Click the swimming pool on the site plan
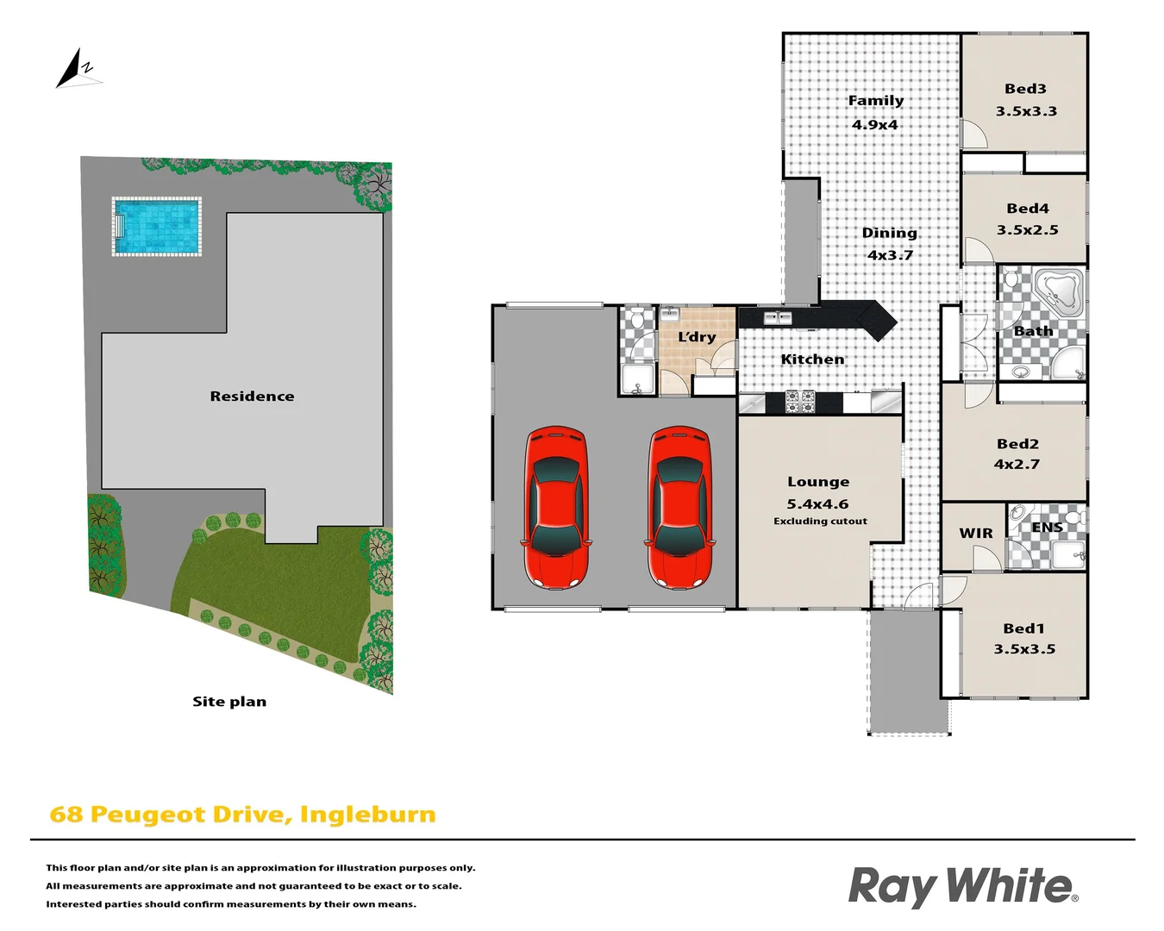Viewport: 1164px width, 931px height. pos(157,226)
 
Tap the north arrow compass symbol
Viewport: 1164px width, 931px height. pos(76,70)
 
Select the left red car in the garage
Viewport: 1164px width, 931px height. pos(556,507)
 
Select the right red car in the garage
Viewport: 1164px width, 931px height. pos(680,507)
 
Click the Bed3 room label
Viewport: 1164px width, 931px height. pos(1025,89)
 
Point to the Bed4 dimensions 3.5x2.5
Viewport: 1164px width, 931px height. pos(1027,230)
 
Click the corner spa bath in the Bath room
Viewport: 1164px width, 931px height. pos(1058,291)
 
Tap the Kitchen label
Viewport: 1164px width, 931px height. pos(812,359)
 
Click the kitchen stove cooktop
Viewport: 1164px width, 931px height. pos(800,401)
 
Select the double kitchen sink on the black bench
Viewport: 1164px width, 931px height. pos(778,318)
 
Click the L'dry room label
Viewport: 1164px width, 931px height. pos(697,337)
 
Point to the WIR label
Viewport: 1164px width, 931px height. pos(976,534)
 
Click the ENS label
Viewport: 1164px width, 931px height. pos(1047,528)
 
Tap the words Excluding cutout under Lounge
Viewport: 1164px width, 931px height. pos(820,522)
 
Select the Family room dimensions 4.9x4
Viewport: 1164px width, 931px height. pos(875,124)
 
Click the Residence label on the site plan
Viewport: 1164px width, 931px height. pos(252,397)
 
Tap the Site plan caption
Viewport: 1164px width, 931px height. pos(229,702)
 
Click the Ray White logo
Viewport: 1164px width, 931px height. pos(962,886)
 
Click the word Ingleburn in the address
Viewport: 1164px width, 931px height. pos(368,815)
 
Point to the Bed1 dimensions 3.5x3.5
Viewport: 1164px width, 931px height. pos(1024,649)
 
